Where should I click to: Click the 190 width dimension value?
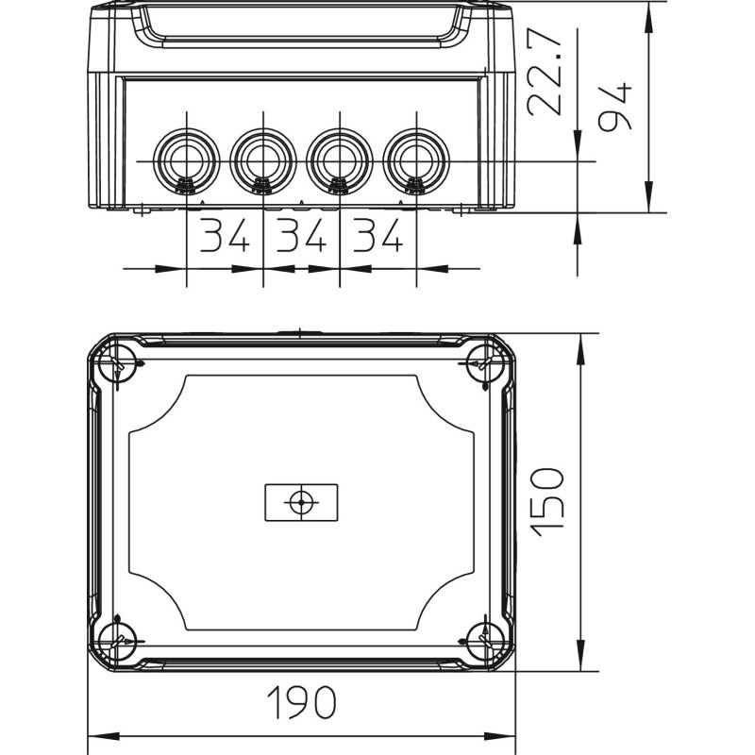302,702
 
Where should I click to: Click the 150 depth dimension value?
546,502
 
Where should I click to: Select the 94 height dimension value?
614,107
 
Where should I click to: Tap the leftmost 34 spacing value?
225,235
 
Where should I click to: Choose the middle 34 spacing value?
301,235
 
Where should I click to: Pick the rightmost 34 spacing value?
377,235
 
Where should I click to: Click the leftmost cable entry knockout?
186,160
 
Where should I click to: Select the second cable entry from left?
263,160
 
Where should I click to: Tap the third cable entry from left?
340,160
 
